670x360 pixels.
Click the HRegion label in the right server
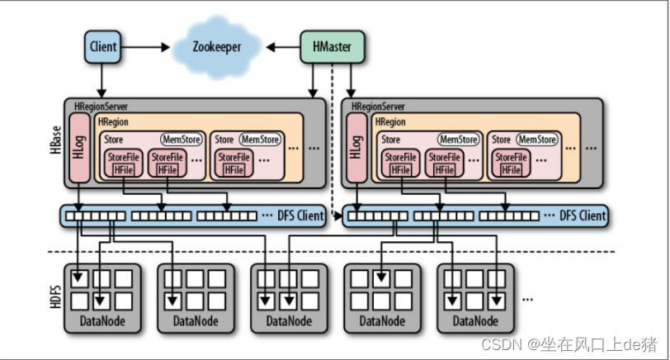point(390,121)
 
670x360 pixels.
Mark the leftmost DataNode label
point(102,321)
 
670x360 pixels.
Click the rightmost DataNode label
point(474,321)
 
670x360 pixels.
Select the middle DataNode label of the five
point(288,321)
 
